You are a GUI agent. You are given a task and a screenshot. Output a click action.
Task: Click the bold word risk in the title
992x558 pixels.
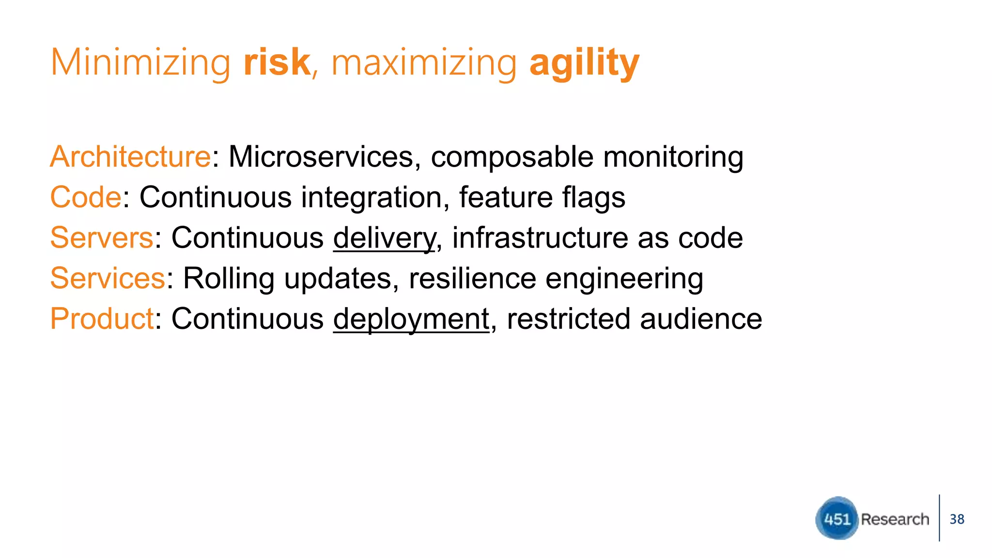pyautogui.click(x=277, y=62)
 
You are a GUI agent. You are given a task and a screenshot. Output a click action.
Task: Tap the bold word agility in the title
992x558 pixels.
pyautogui.click(x=584, y=63)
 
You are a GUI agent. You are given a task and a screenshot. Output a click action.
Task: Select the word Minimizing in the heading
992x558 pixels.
pyautogui.click(x=140, y=63)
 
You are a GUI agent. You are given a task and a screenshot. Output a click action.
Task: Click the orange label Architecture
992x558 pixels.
pyautogui.click(x=130, y=157)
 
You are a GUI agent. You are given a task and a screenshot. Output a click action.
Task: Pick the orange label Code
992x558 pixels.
pyautogui.click(x=86, y=198)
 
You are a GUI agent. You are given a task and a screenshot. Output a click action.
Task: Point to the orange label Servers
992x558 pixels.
pyautogui.click(x=102, y=238)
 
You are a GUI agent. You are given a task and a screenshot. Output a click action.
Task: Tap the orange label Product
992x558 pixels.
pyautogui.click(x=102, y=319)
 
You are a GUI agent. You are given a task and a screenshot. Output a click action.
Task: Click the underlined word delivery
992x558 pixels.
pyautogui.click(x=384, y=239)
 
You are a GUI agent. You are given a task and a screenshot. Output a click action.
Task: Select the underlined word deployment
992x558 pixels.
pyautogui.click(x=411, y=320)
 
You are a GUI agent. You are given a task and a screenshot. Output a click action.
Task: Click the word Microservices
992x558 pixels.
pyautogui.click(x=320, y=157)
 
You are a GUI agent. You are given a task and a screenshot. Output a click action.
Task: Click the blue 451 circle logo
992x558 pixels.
pyautogui.click(x=837, y=518)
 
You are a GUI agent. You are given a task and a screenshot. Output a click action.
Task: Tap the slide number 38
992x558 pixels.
pyautogui.click(x=957, y=519)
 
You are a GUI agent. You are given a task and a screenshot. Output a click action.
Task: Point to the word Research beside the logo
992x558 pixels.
pyautogui.click(x=895, y=519)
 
